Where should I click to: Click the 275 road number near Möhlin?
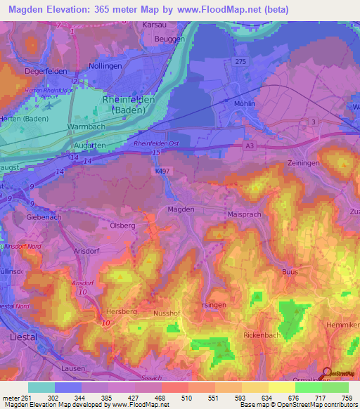241,63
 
